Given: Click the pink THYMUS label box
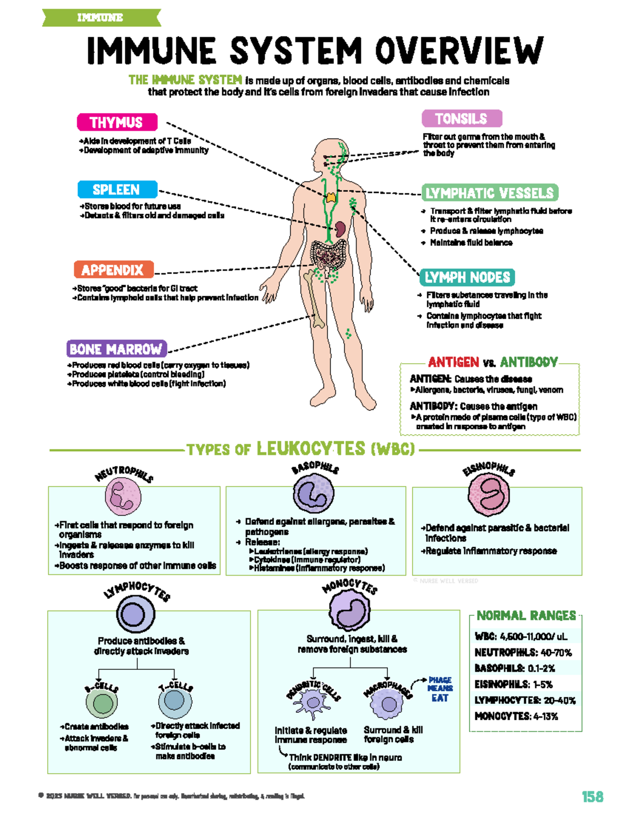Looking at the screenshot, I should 117,122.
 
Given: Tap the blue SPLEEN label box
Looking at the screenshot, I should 117,189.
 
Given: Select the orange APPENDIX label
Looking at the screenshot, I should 113,270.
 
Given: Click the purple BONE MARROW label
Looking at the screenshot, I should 116,349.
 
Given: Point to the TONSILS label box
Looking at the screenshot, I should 461,118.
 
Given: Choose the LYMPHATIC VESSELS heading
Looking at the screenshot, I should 490,193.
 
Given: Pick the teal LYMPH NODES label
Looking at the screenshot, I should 467,277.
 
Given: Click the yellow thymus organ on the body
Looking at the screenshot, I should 331,198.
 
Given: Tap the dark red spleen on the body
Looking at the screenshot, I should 340,229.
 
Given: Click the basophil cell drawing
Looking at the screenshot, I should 313,493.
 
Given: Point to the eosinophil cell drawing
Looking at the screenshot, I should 489,495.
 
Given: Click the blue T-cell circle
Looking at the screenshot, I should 175,701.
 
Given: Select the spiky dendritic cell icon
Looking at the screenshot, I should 312,703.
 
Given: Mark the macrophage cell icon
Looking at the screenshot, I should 388,703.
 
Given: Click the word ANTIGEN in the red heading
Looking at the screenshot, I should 453,362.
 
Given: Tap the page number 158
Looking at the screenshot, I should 592,797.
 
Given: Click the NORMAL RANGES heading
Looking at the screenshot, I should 526,615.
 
